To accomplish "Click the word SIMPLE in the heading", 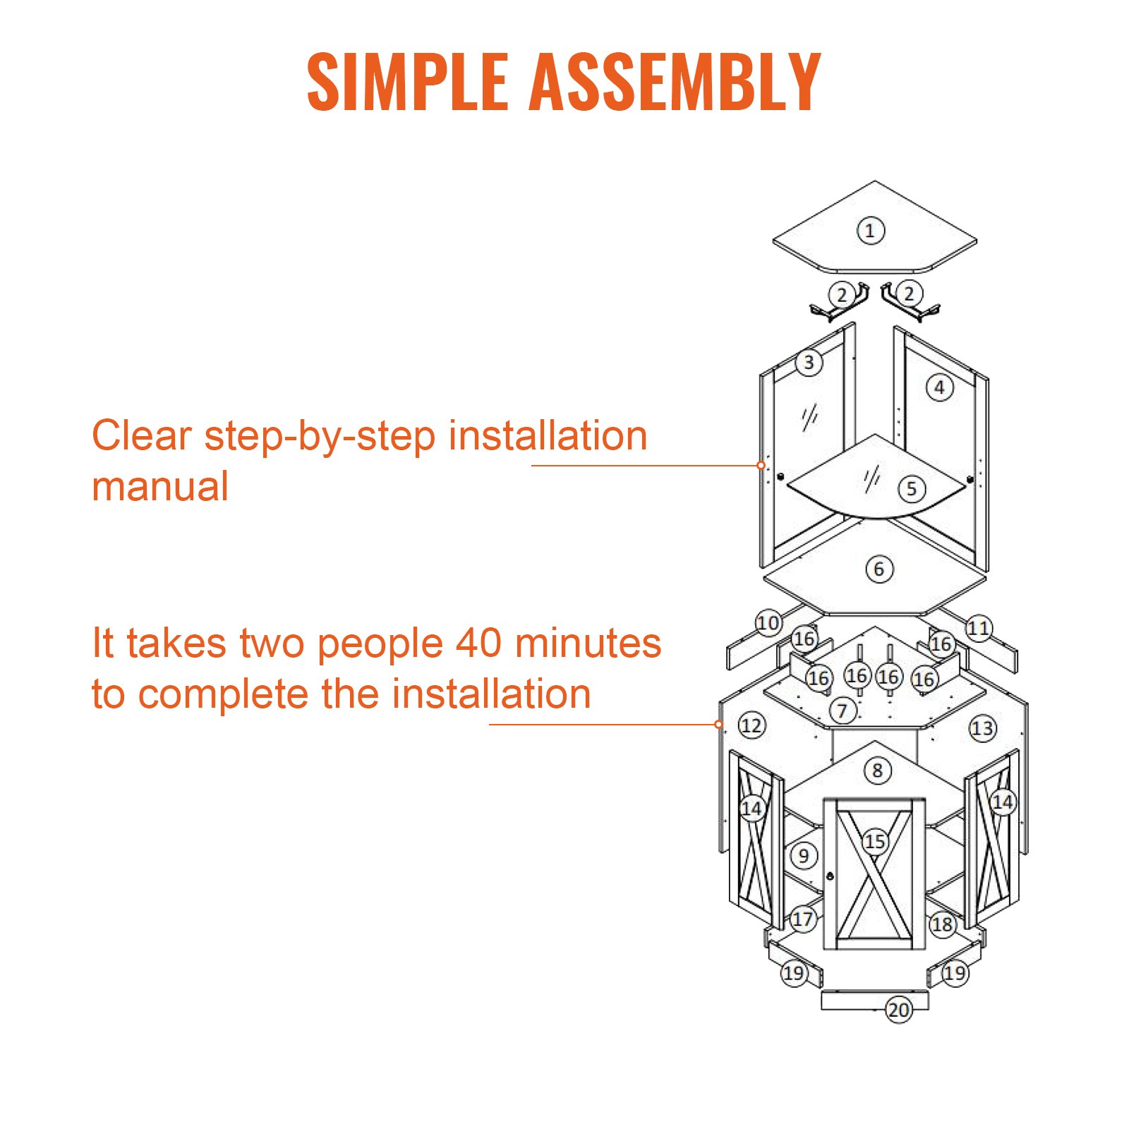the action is (x=408, y=82).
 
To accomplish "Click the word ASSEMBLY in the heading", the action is (x=675, y=82).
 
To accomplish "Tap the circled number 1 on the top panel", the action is (x=870, y=231).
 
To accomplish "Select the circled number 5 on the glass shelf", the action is (x=912, y=488).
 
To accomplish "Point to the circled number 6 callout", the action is (x=879, y=569).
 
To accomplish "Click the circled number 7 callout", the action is (x=843, y=711).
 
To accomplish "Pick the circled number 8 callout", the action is (x=877, y=770).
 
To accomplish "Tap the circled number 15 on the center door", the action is (x=875, y=841).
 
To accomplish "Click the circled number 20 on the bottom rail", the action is (x=899, y=1010).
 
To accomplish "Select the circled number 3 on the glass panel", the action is (x=809, y=363).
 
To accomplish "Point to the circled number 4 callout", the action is (x=939, y=387).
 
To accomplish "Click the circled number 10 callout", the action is (x=768, y=623).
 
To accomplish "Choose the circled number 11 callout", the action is (x=978, y=628).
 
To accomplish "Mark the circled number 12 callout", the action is (x=751, y=725).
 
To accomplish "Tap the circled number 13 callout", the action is (x=982, y=728).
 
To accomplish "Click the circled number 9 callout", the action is (x=804, y=856).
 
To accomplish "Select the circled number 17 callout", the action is (x=803, y=919).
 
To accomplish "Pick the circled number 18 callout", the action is (x=942, y=924).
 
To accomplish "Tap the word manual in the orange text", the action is (x=160, y=486).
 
